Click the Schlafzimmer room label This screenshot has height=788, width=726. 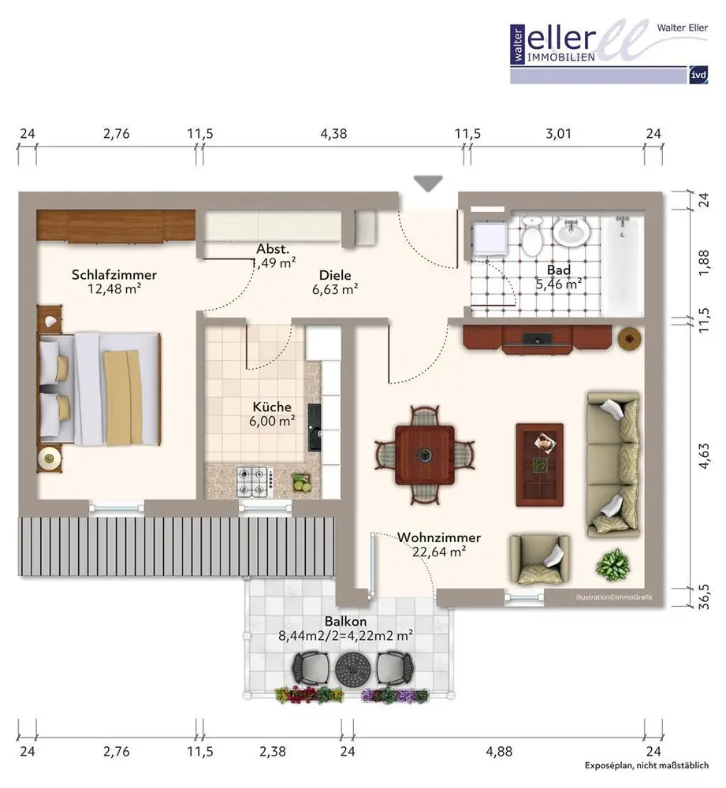[x=114, y=275]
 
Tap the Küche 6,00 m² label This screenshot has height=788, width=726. [x=272, y=414]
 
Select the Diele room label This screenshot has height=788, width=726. [x=335, y=275]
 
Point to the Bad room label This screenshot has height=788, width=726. [x=559, y=269]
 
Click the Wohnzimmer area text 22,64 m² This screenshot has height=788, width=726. [x=439, y=552]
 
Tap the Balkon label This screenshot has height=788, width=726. [x=345, y=622]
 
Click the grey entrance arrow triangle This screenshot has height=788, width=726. [x=428, y=184]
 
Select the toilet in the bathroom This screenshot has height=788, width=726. [x=531, y=236]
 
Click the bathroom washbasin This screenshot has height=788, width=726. [x=571, y=232]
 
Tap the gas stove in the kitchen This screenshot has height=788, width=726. [x=255, y=482]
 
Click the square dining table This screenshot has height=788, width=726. [x=425, y=455]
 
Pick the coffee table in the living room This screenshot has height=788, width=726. [x=539, y=465]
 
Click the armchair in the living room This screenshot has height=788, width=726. [x=539, y=559]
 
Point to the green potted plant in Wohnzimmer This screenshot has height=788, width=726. [x=612, y=565]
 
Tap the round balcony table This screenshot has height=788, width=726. [x=353, y=669]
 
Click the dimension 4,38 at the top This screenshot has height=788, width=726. [x=334, y=134]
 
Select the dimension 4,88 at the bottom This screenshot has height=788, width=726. [x=499, y=751]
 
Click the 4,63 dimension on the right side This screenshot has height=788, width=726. [x=705, y=455]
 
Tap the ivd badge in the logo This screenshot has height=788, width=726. [x=698, y=76]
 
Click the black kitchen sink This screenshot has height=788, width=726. [x=315, y=427]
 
